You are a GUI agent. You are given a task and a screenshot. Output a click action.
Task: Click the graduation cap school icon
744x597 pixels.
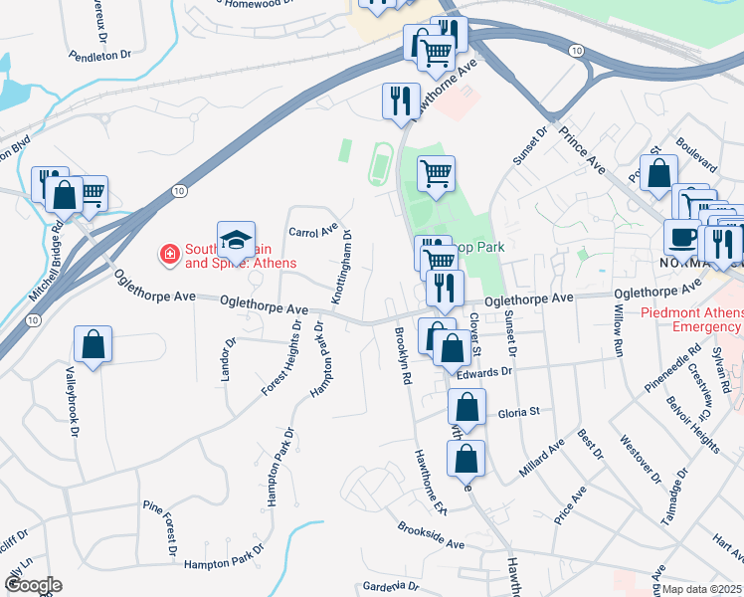pos(236,240)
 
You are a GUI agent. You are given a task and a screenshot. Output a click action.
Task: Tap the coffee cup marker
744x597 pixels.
pos(682,238)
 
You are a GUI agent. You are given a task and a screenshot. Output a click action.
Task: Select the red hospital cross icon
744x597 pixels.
pos(170,256)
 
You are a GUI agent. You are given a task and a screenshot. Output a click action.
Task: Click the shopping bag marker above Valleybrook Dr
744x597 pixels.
pos(93,345)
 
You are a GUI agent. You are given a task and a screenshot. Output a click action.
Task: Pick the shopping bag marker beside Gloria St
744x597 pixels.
pos(465,407)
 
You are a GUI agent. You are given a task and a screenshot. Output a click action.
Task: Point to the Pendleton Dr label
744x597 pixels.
pos(98,56)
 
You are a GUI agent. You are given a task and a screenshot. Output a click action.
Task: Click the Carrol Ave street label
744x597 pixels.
pos(314,231)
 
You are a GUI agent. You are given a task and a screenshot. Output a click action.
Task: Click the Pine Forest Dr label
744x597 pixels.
pos(158,526)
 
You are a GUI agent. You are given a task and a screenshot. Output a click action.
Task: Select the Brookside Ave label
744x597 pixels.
pos(431,537)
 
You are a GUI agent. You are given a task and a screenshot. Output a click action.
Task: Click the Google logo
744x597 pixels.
pos(32,585)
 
